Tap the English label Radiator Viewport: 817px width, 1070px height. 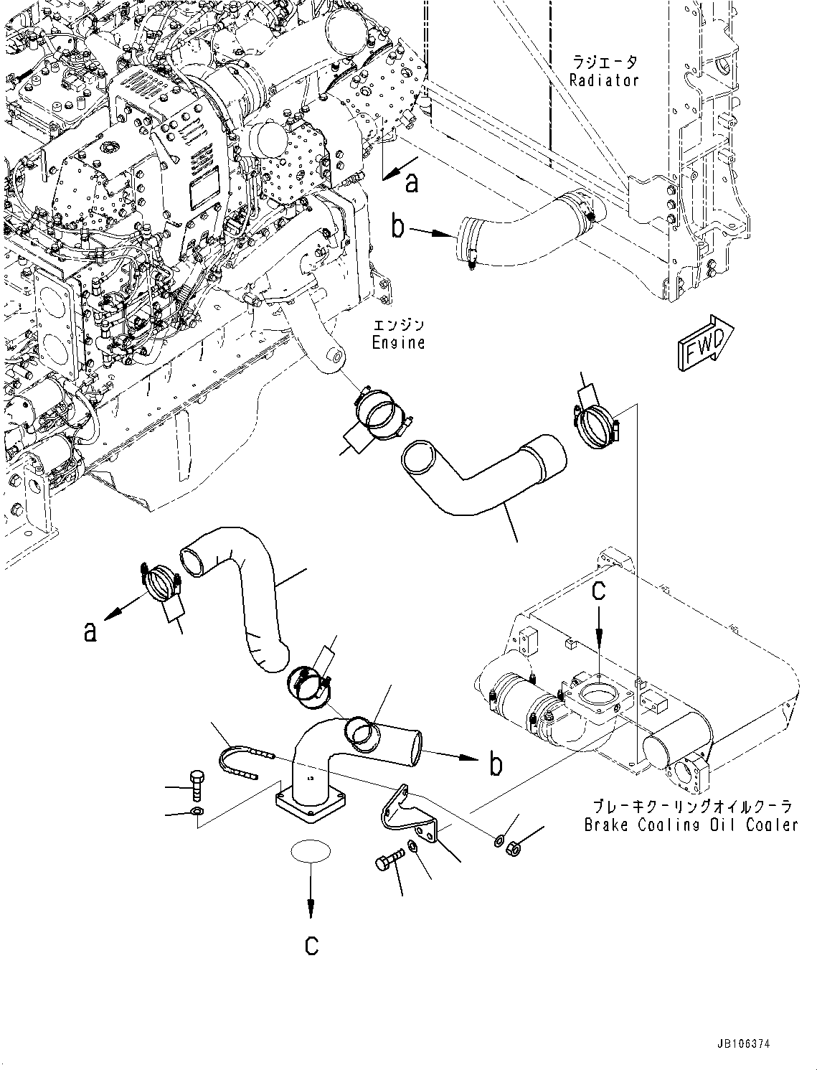point(604,80)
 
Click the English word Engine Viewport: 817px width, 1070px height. point(398,342)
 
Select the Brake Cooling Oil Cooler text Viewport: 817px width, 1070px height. point(690,825)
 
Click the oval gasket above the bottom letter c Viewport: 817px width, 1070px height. point(311,851)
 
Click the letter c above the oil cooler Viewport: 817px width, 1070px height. point(598,590)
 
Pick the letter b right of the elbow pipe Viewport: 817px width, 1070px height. point(495,764)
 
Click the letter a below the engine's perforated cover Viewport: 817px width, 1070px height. point(411,184)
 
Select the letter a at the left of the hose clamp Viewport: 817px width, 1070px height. point(90,631)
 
